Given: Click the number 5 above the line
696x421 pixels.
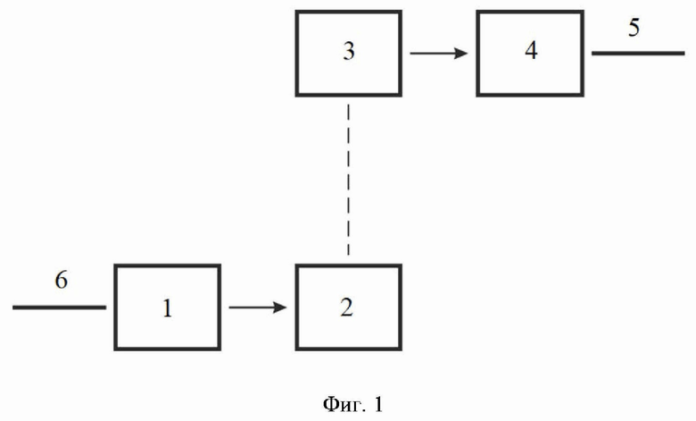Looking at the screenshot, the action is pos(634,28).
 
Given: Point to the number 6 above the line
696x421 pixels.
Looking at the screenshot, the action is pos(62,280).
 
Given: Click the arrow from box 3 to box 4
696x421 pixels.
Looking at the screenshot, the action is pos(438,54).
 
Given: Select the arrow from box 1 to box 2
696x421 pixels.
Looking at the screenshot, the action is pos(258,307).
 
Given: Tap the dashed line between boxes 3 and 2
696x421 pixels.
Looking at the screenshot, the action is pos(348,180).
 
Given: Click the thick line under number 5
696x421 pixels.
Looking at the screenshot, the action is pos(638,54).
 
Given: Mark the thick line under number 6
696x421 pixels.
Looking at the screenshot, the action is pos(59,307).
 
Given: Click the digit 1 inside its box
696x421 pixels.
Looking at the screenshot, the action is pos(168,308).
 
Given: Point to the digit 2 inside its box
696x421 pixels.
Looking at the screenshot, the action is pos(347,307).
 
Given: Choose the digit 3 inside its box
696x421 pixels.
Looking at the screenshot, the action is pos(349,51).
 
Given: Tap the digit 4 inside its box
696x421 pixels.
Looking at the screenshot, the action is pos(531,50).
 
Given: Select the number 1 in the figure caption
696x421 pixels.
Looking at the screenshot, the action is pos(377,405).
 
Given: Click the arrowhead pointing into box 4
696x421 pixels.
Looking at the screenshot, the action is pos(460,54).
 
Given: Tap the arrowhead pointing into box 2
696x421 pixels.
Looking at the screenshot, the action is pos(279,307).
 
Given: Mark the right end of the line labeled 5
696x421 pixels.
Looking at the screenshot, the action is pos(684,54).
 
